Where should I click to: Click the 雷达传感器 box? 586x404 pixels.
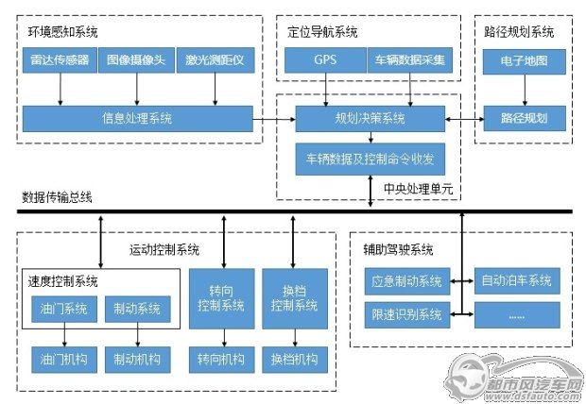[x=60, y=59]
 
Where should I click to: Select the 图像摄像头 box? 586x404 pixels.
[x=136, y=59]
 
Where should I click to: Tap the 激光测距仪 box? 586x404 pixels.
[x=215, y=59]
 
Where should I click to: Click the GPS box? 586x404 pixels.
[x=325, y=59]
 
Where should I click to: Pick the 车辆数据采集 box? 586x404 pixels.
[x=410, y=59]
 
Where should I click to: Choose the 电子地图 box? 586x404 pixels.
[x=524, y=61]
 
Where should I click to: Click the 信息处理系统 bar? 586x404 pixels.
[x=138, y=119]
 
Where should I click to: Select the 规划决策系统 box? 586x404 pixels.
[x=370, y=119]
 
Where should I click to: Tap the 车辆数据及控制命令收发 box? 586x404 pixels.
[x=370, y=160]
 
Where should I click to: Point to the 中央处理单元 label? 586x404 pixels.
[x=418, y=189]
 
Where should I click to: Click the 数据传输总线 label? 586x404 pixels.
[x=57, y=197]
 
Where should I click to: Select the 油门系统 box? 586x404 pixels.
[x=64, y=309]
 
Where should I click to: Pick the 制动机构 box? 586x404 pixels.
[x=138, y=360]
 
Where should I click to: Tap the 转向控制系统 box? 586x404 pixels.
[x=221, y=298]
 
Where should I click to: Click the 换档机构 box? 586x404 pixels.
[x=295, y=360]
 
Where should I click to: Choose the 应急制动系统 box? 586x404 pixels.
[x=407, y=280]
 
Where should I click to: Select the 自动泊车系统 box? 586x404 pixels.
[x=517, y=280]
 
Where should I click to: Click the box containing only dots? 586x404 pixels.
[x=517, y=315]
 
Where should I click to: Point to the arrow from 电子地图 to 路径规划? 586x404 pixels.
[x=525, y=90]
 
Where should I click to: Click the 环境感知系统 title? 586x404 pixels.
[x=62, y=32]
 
